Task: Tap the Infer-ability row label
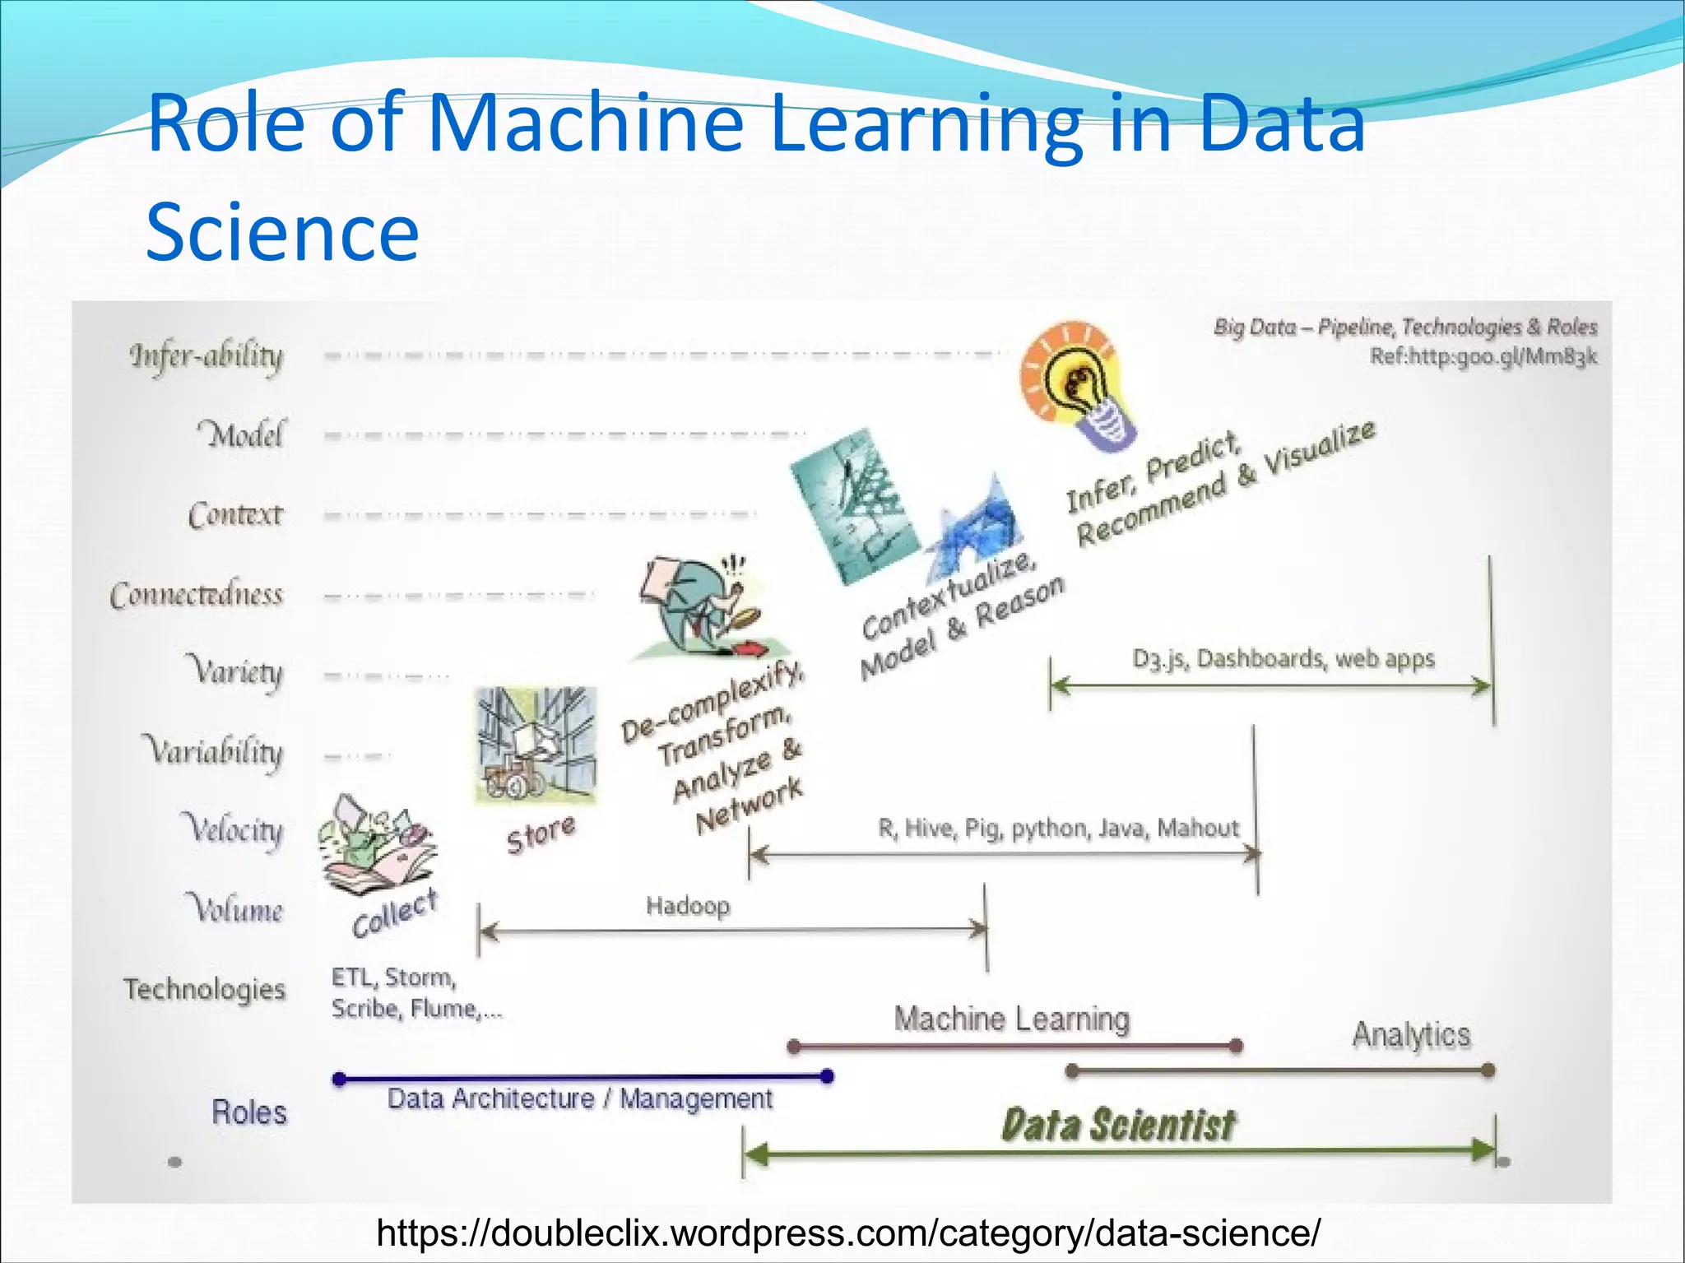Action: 207,356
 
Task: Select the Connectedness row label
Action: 197,593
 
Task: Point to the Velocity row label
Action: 232,829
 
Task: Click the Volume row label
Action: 238,908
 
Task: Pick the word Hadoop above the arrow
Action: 688,906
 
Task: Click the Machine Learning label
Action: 1012,1019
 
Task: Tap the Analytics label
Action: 1411,1035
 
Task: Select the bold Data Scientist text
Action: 1118,1125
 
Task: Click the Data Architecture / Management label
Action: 580,1098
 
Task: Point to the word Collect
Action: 394,913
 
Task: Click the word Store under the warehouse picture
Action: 541,833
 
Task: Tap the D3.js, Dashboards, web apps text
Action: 1283,659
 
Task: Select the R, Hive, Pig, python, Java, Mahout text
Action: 1058,828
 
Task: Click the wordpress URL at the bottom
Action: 847,1233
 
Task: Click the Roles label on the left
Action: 249,1112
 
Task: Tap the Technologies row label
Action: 204,988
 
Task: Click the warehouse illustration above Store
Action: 536,745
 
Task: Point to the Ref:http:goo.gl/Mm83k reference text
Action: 1483,356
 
